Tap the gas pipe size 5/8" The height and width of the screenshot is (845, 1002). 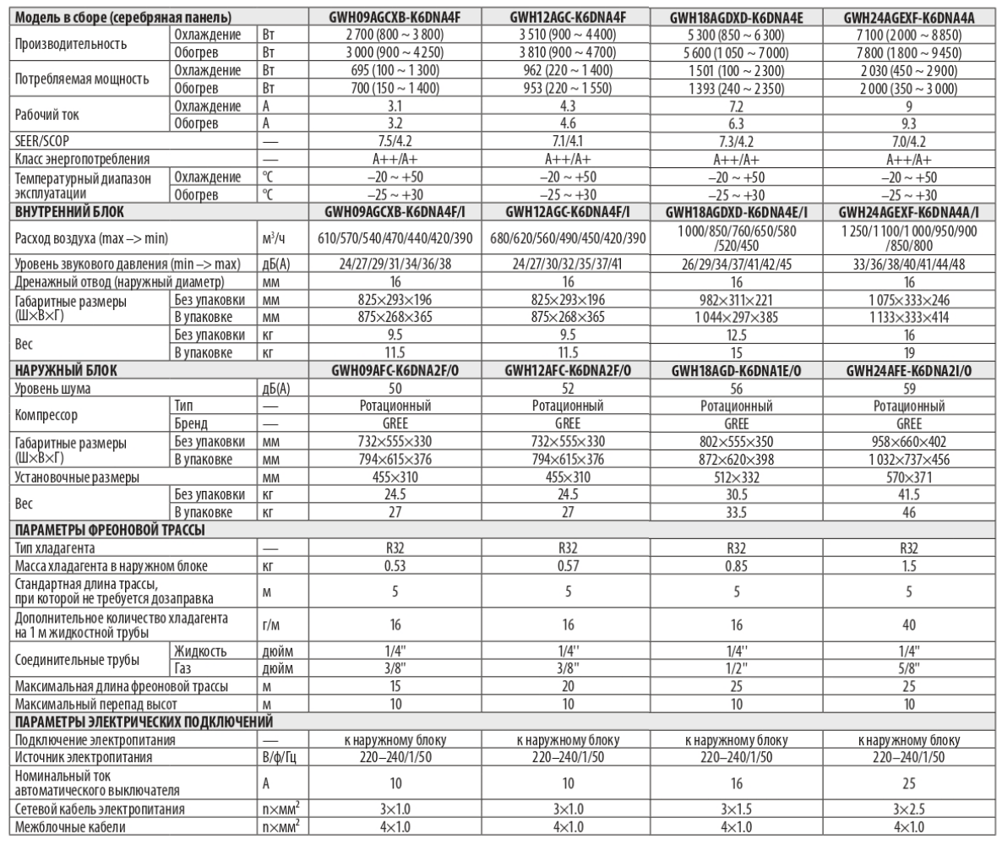tap(908, 667)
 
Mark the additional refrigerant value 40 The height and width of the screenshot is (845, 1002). tap(908, 624)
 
